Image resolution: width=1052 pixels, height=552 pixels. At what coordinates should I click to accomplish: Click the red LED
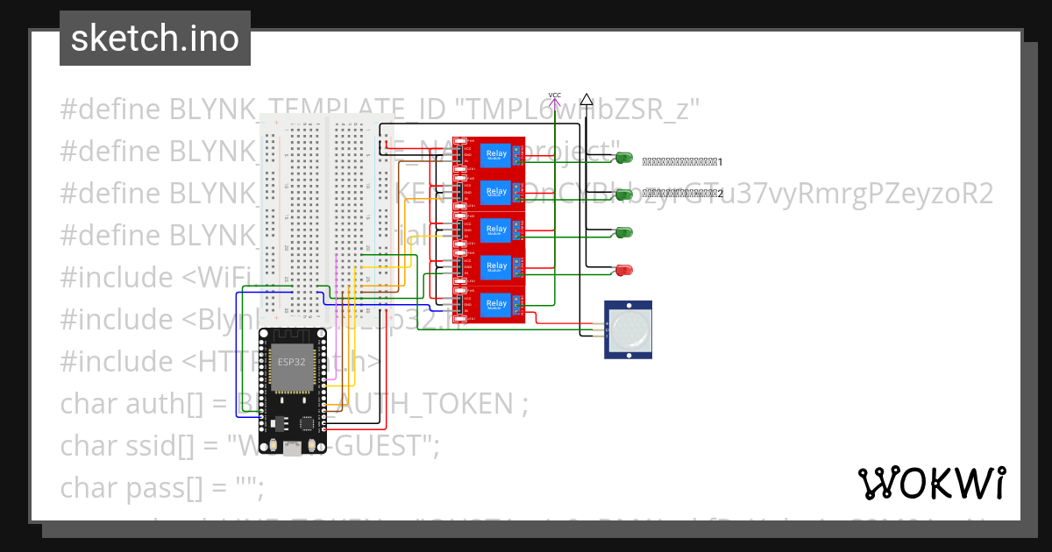(623, 269)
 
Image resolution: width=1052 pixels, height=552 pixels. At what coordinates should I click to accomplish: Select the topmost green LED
(623, 157)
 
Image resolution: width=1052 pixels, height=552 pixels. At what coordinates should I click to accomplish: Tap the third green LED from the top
(623, 232)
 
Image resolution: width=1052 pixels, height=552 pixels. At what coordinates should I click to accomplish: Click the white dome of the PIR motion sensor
(629, 329)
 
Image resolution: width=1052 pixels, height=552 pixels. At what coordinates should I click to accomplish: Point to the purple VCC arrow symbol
(554, 102)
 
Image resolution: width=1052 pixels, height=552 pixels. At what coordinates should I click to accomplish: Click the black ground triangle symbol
(586, 100)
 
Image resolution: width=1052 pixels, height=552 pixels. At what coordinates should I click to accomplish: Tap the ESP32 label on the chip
(292, 360)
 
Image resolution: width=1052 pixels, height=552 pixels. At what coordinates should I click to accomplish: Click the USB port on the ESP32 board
(292, 448)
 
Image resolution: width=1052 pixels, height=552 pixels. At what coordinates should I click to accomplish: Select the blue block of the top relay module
(496, 155)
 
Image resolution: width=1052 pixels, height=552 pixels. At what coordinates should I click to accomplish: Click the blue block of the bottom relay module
(496, 304)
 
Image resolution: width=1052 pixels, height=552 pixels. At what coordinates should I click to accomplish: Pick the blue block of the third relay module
(496, 230)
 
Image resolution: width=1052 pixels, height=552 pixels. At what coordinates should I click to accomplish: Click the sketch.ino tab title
(155, 39)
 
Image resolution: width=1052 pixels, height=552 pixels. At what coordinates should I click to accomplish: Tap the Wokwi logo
(931, 483)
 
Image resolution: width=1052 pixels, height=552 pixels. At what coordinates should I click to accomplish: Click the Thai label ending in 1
(681, 162)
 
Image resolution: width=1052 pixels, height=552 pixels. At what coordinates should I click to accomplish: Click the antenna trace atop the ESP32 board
(291, 336)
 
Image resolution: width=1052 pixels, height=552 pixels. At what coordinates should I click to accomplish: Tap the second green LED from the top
(623, 195)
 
